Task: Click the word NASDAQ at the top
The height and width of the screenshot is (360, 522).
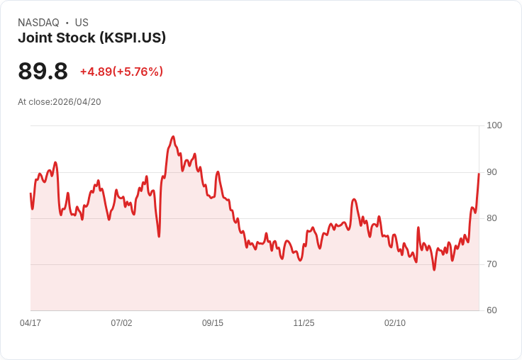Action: [38, 23]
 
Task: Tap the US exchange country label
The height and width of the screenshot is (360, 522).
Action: [82, 23]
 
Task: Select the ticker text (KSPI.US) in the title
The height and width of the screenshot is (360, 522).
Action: [133, 38]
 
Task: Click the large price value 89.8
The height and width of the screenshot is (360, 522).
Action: [43, 71]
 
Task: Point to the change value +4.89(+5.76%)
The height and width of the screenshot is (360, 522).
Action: [121, 72]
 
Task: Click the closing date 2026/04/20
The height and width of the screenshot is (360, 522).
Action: [77, 102]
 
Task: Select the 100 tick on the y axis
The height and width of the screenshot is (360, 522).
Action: [494, 125]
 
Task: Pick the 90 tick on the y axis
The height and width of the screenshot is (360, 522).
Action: [492, 172]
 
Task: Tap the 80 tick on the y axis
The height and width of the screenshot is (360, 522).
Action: [492, 218]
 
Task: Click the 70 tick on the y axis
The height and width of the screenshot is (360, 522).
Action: [492, 264]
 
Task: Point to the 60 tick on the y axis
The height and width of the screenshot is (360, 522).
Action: [492, 310]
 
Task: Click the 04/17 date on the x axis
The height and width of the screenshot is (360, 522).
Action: [30, 323]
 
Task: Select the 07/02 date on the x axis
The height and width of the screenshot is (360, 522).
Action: [121, 323]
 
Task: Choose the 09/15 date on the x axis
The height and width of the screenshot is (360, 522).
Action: [213, 323]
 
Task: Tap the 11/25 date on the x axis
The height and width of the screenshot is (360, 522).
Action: [304, 323]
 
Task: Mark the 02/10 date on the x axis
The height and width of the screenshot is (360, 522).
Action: [395, 323]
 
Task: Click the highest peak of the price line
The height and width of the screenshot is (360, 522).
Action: [173, 137]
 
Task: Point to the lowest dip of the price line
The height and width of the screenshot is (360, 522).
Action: [434, 270]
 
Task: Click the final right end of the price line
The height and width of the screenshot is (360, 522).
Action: [479, 174]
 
